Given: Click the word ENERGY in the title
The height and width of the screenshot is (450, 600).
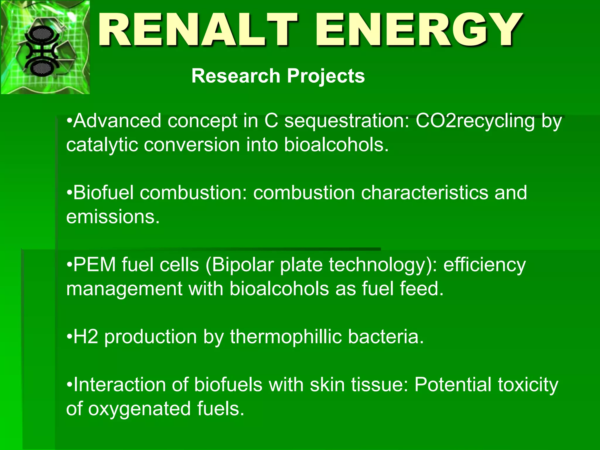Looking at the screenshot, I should coord(419,30).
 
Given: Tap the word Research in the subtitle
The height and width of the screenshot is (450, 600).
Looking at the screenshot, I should coord(236,76).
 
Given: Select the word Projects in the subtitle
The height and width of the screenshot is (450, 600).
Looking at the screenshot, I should coord(326,76).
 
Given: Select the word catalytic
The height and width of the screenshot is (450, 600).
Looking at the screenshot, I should coord(102,145).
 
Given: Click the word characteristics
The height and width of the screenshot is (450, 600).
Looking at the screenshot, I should coord(425,193).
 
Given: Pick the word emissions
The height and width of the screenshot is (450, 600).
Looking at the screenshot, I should coord(113,217).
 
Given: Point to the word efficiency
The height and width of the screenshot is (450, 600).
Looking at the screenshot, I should coord(485,265).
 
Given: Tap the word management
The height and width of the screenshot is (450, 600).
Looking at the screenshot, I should coord(125,289).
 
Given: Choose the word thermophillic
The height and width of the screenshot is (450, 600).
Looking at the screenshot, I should coord(286,337).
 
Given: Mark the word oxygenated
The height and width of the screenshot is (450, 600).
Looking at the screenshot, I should coord(139,409).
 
